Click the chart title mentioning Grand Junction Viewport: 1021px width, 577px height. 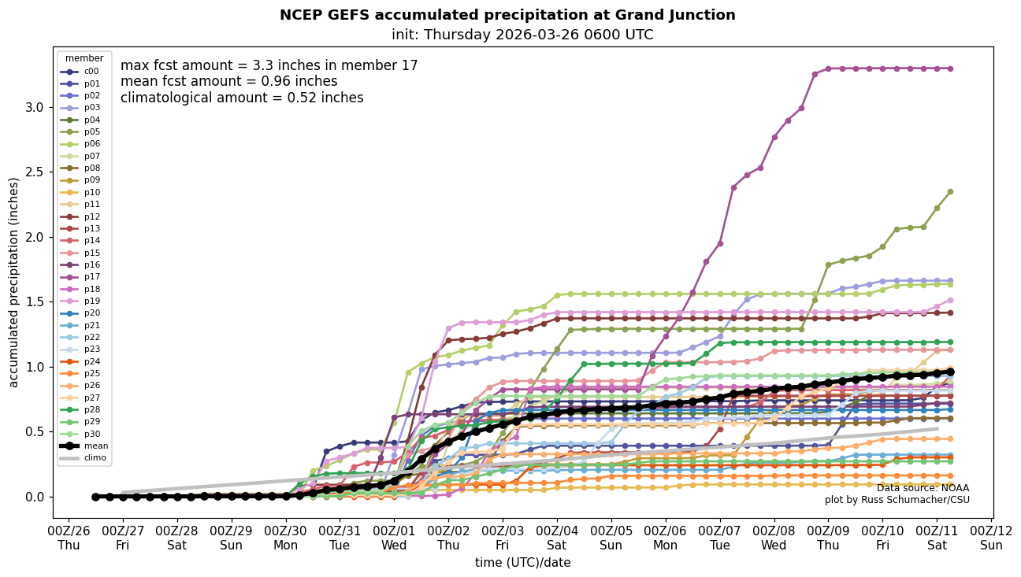(507, 15)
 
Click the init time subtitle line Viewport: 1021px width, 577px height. (522, 35)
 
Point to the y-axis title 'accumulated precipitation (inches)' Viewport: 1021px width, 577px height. (13, 282)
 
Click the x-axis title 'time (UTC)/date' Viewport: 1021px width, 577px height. (522, 563)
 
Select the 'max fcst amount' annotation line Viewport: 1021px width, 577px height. (269, 66)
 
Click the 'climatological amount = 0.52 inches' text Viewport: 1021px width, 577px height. (242, 98)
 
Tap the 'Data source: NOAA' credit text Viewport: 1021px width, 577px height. (923, 489)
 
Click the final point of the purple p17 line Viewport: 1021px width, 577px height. (950, 68)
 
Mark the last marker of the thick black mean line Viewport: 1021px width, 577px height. (950, 372)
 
